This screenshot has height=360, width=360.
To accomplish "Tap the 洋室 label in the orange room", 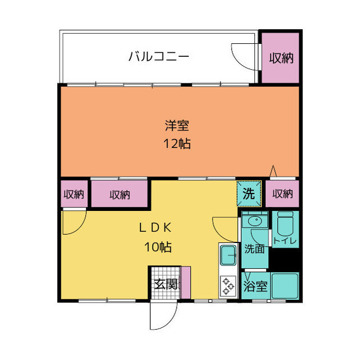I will click(177, 125).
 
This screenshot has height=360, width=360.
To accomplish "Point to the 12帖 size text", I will click(177, 143).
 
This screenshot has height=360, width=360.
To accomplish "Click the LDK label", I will click(155, 228).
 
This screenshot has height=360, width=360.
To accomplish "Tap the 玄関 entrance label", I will click(165, 283).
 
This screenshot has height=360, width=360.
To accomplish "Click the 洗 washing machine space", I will click(249, 195).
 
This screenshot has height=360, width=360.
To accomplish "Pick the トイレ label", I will click(285, 241).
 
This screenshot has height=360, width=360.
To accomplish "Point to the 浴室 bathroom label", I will click(255, 286).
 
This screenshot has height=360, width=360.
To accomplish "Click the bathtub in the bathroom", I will click(285, 286).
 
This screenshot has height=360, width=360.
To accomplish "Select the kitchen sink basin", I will click(228, 256).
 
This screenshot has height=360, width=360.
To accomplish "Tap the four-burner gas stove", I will click(228, 285).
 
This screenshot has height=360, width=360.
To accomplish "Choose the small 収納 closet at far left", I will click(73, 195).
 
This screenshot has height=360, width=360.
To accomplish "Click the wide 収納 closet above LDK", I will click(119, 195).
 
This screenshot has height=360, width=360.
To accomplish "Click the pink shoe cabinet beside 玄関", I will click(186, 282).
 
